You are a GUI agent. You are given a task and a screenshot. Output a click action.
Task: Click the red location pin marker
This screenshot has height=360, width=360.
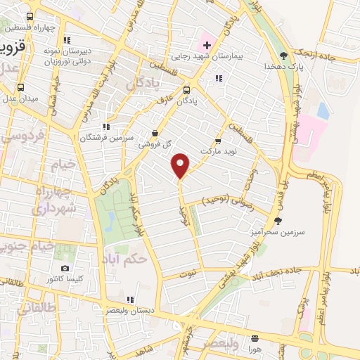[x=181, y=165]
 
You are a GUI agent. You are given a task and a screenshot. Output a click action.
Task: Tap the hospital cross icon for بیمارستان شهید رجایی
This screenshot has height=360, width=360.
[x=206, y=46]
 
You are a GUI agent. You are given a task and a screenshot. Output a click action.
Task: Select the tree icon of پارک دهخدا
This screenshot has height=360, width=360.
[x=283, y=55]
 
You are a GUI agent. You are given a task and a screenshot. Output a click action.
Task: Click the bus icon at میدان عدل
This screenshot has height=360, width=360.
[x=20, y=89]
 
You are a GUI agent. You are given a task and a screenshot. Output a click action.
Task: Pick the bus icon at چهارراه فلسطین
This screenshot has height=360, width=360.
[x=30, y=17]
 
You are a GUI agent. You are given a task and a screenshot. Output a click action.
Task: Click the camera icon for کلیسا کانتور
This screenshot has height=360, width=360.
[x=65, y=268]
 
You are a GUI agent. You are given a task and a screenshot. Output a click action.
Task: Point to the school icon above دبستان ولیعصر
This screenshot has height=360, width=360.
[x=129, y=299]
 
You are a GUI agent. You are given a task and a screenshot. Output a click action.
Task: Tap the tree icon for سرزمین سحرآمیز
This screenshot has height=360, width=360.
[x=278, y=221]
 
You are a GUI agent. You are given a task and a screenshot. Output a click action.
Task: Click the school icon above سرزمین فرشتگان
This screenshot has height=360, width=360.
[x=105, y=127]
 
